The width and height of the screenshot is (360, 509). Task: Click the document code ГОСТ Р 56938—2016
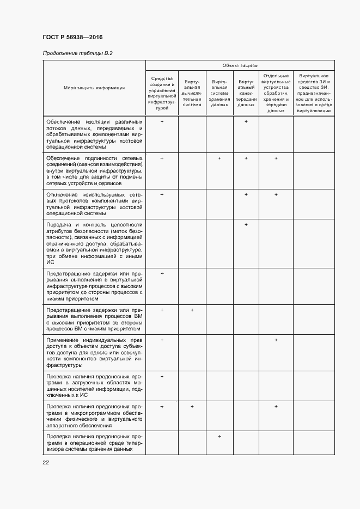72,37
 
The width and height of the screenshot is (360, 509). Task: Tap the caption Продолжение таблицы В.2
77,53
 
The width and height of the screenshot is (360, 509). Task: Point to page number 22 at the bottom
46,462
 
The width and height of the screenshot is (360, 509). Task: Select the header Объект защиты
240,65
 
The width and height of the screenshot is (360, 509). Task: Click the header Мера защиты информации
94,88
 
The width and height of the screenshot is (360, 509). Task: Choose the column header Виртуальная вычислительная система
192,93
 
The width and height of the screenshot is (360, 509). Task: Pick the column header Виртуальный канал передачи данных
246,93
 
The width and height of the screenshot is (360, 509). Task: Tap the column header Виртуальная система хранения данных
219,93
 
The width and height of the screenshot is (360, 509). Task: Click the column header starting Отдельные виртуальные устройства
276,93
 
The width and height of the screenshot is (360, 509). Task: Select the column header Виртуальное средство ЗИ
314,93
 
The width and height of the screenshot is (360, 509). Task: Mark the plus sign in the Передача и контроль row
246,224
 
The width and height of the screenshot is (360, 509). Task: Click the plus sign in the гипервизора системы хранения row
219,436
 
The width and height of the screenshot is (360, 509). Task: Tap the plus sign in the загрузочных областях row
162,376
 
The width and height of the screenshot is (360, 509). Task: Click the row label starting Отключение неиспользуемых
94,204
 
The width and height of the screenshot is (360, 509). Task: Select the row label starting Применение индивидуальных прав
94,352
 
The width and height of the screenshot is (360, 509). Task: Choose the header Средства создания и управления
162,93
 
